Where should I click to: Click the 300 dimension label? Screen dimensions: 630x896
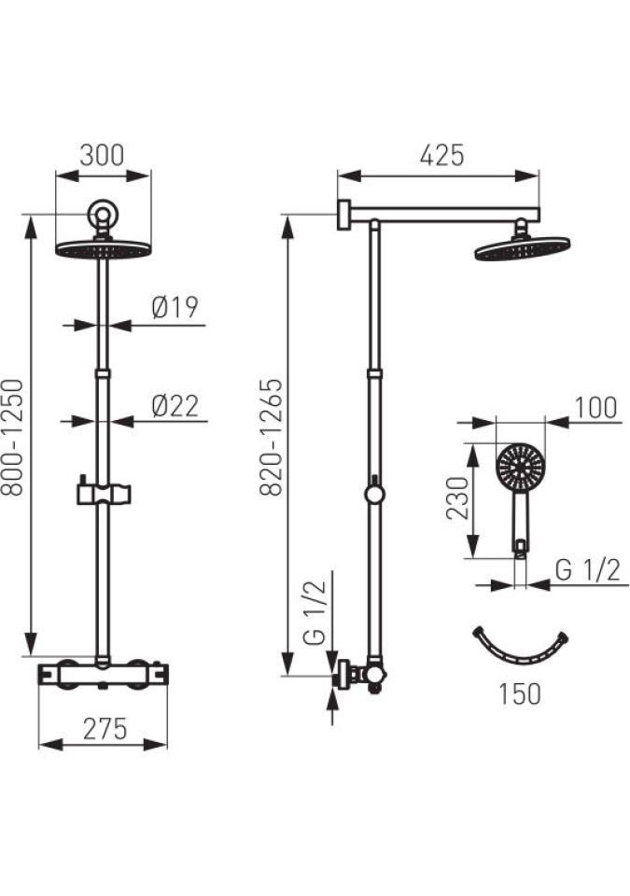(102, 155)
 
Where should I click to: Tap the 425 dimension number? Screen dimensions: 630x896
(441, 156)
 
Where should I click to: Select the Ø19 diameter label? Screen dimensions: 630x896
(175, 307)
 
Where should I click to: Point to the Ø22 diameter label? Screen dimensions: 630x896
(175, 406)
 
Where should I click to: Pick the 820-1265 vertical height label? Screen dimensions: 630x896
(271, 437)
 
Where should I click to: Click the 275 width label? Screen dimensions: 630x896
(105, 729)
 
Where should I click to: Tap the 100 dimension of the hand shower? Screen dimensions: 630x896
(595, 408)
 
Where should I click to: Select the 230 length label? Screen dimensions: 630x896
(456, 497)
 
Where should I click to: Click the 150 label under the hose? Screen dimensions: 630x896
(519, 693)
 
